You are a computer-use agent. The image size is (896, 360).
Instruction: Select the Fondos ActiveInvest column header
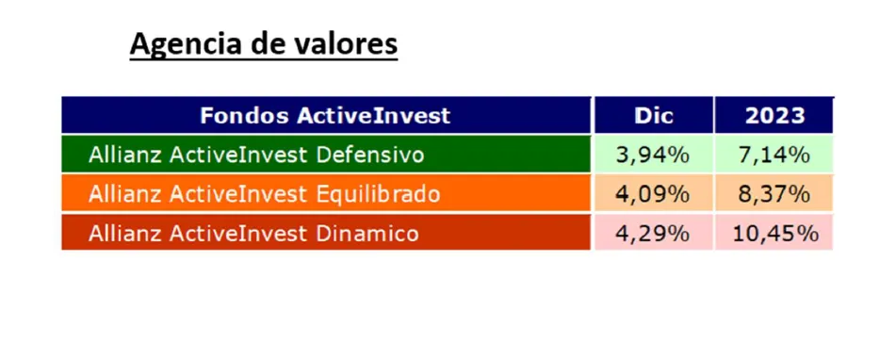325,116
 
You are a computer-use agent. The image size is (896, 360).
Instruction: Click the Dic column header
654,116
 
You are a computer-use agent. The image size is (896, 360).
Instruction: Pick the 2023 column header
774,116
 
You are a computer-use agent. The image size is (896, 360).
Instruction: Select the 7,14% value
774,155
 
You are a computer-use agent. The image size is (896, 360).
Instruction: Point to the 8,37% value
774,194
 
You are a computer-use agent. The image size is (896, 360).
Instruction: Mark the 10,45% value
774,233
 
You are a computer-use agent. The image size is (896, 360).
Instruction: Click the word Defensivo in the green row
369,155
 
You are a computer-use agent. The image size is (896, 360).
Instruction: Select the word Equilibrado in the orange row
378,194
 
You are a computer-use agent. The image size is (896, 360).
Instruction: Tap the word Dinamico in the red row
367,233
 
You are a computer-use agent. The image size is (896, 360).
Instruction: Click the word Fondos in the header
245,116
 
